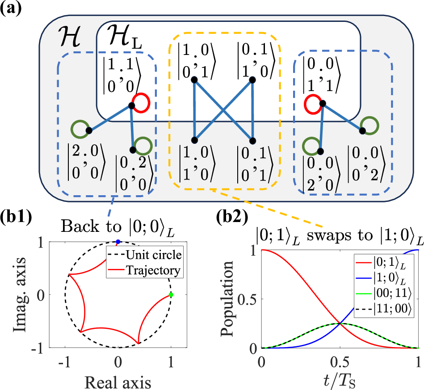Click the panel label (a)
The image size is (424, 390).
point(10,9)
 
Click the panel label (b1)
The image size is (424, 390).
point(16,218)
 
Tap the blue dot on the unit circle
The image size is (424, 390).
point(118,242)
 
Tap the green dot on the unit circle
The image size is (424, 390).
point(171,295)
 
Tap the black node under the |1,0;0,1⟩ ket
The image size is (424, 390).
point(194,80)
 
